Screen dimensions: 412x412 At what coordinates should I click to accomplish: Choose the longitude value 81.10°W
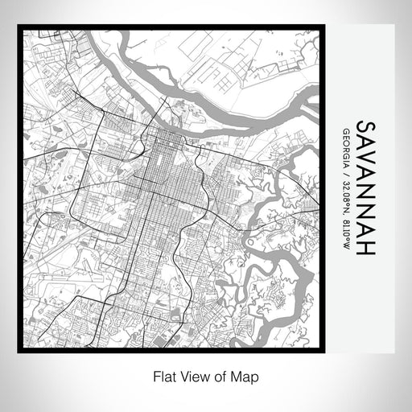pos(344,233)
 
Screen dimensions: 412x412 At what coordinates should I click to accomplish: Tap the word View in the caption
pos(194,375)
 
